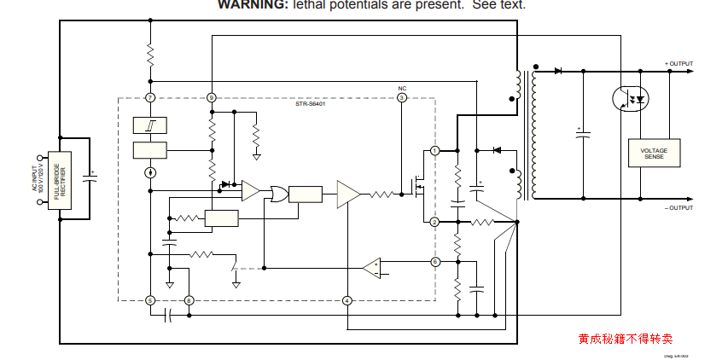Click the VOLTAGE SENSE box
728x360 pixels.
pos(654,153)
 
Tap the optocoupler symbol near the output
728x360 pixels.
pos(631,98)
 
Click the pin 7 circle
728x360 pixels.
pos(150,98)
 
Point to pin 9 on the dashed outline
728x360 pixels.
pos(212,98)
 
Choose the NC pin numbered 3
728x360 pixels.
pos(402,98)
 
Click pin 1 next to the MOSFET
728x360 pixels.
pos(434,151)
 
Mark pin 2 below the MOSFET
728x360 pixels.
pos(434,222)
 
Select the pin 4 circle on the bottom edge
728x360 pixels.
pos(347,300)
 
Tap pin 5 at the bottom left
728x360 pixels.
pos(150,300)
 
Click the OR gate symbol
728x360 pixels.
pos(277,195)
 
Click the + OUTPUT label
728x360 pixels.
pos(679,64)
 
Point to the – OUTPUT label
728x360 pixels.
pos(679,208)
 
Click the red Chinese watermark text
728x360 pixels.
pos(625,339)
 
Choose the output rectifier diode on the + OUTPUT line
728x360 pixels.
pos(558,71)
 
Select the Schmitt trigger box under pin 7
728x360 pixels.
pos(150,125)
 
